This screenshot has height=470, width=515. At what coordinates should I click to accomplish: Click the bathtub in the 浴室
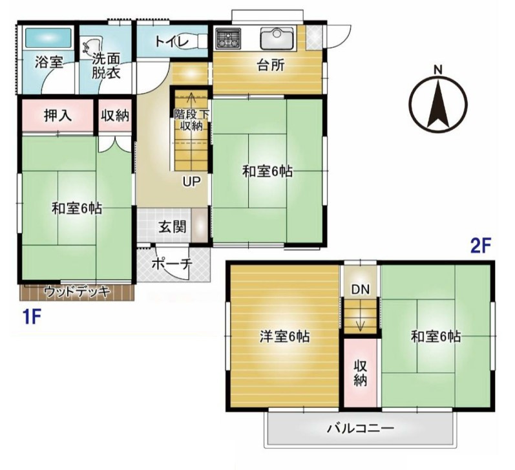coord(48,37)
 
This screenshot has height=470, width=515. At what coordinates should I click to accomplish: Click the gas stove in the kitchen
coord(228,37)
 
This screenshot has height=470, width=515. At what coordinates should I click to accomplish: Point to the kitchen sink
coord(277,37)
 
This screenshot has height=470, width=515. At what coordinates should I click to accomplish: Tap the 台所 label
coord(271,65)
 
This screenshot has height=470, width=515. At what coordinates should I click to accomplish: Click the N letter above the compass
coord(438,70)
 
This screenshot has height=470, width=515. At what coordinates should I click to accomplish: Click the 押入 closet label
coord(58,116)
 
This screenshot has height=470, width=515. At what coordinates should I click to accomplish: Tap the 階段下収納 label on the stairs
coord(191,120)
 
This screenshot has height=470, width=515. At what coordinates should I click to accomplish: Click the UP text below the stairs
coord(191,182)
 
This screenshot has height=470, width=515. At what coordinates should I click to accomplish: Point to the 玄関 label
coord(173,227)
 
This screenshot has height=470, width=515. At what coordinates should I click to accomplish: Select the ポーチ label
coord(172,264)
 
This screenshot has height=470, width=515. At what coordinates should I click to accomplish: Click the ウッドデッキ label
coord(77,292)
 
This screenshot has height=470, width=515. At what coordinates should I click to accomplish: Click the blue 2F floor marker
coord(481,246)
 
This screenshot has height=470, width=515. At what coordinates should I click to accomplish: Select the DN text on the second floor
coord(361,289)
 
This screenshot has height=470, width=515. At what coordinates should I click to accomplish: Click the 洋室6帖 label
coord(285,337)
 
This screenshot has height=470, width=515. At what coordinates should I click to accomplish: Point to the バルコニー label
coord(361,428)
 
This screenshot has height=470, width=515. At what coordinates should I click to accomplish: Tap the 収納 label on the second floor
coord(361,373)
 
